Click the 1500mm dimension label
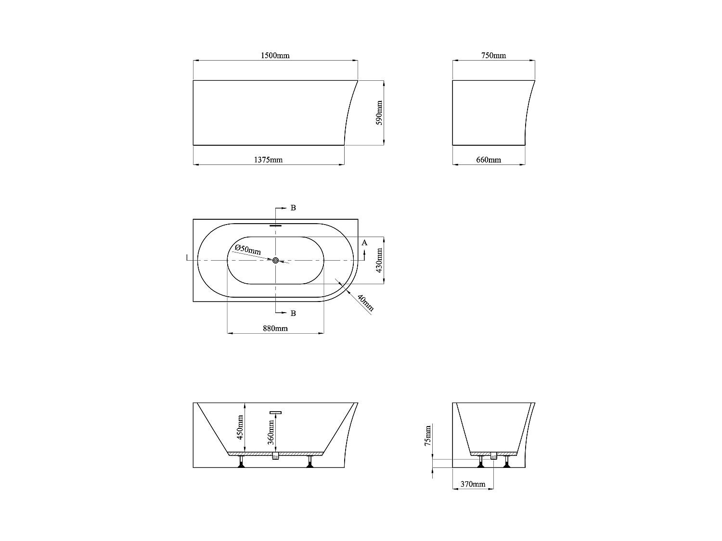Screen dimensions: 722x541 275,55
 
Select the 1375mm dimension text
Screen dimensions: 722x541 268,160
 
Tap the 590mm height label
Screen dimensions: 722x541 379,113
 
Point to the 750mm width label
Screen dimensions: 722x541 493,55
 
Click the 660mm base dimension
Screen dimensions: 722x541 489,160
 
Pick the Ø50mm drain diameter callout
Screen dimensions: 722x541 248,249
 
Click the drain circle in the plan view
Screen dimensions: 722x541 276,261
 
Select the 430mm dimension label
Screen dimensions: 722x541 379,260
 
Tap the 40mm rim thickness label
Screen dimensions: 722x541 365,303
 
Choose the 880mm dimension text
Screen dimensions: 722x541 275,328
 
